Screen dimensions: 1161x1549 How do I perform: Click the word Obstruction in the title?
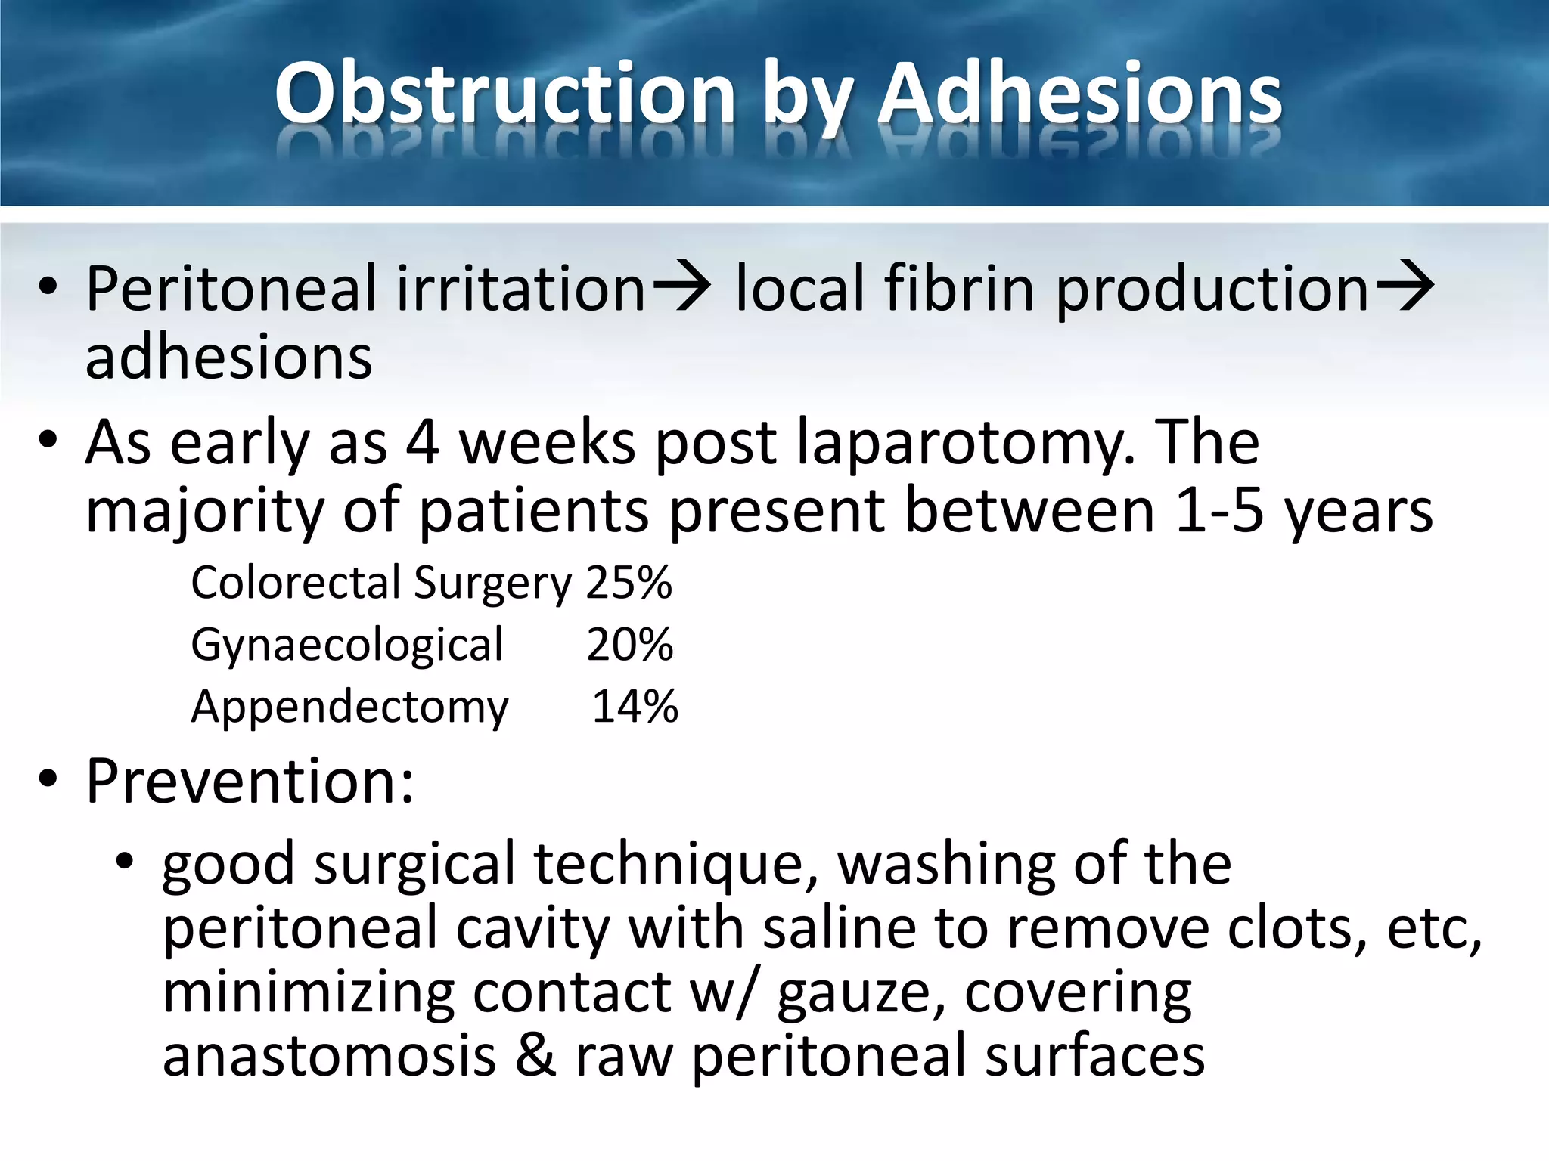(x=504, y=94)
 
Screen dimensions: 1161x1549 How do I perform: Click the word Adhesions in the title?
(x=1079, y=94)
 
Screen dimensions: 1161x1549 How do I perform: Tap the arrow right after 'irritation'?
(x=681, y=286)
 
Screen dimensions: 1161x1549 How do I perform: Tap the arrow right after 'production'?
(x=1405, y=286)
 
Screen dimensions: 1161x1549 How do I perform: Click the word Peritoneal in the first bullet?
(x=231, y=289)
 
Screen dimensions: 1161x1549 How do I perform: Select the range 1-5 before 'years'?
(x=1219, y=510)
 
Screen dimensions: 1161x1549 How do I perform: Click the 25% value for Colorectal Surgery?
(x=629, y=583)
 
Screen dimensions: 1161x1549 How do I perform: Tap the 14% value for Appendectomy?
(x=635, y=707)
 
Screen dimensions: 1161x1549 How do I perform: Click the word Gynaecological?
(x=346, y=646)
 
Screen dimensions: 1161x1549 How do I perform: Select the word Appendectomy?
(x=349, y=708)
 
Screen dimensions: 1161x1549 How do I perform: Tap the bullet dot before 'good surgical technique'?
(x=125, y=861)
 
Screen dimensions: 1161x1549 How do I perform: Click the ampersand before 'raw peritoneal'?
(x=535, y=1056)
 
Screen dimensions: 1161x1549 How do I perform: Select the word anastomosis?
(x=329, y=1056)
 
